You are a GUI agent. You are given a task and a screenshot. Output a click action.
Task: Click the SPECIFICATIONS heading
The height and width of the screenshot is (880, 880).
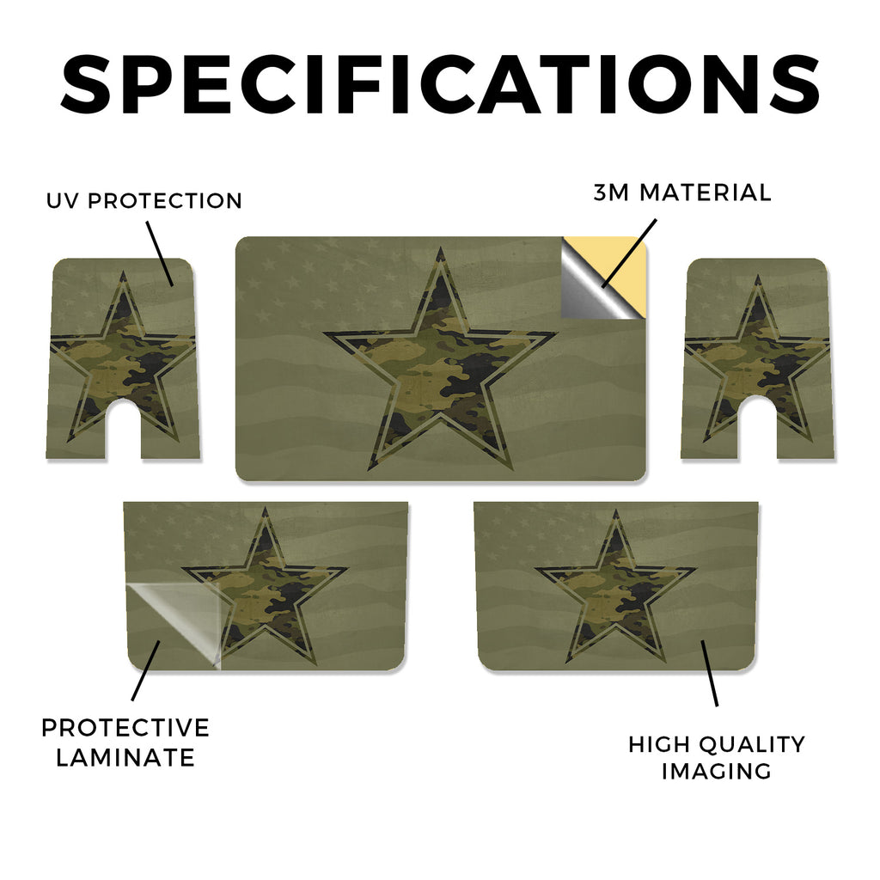coord(440,84)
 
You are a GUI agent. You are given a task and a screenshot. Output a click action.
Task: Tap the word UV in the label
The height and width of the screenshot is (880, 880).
coord(63,201)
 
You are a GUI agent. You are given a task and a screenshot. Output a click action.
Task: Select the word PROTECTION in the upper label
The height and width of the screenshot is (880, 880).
coord(165,201)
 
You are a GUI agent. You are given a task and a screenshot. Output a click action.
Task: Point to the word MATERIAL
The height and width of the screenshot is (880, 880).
coord(706,192)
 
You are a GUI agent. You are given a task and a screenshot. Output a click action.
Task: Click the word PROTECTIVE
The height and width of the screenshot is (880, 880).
coord(125,728)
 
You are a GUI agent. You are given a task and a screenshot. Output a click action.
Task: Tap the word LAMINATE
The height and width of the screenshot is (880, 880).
coord(125,758)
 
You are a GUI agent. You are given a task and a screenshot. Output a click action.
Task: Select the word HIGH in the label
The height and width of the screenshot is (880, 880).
coord(658,744)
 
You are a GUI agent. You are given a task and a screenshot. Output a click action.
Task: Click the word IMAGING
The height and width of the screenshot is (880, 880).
coord(716,771)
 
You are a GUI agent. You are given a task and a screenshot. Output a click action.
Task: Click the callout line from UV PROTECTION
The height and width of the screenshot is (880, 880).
coord(160,254)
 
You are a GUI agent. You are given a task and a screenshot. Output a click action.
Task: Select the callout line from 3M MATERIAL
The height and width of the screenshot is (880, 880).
coord(628,254)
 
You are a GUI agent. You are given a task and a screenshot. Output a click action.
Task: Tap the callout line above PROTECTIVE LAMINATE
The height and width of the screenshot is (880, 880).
coord(146,670)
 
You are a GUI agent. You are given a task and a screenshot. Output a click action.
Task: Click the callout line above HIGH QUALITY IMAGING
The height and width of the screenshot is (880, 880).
coord(709,673)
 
